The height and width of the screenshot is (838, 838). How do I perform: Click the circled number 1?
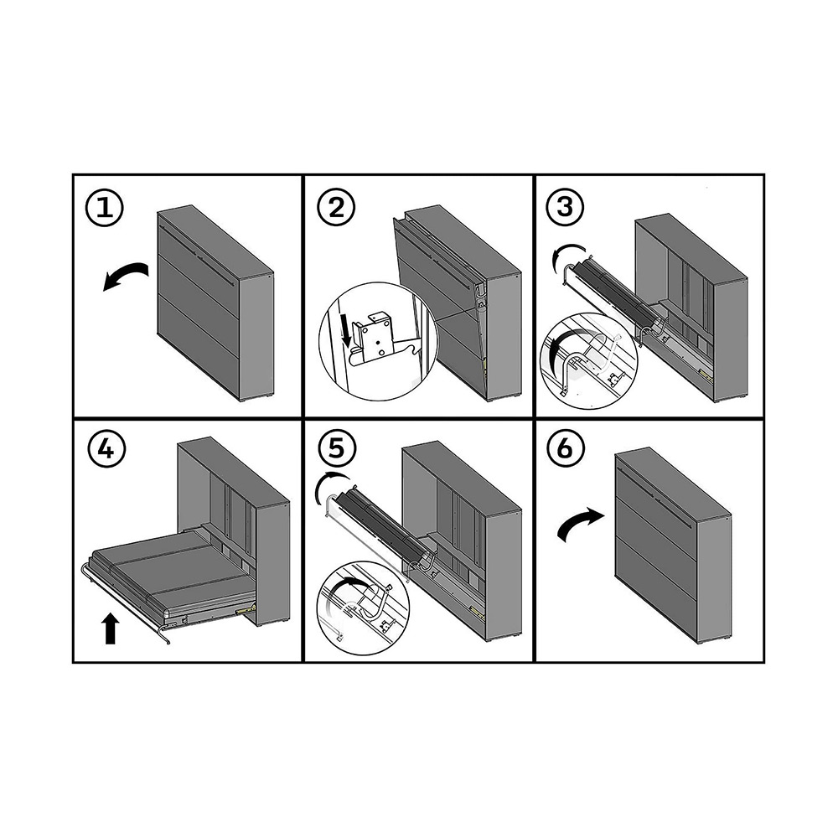(105, 209)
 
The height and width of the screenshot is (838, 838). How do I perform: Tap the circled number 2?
(336, 209)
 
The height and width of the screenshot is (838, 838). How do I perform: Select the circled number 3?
(566, 206)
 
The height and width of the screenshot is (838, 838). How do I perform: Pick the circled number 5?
(336, 447)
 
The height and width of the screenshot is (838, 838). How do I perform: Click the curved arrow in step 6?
(581, 525)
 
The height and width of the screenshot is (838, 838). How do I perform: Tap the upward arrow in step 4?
(110, 628)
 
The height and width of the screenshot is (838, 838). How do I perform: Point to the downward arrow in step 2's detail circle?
(346, 329)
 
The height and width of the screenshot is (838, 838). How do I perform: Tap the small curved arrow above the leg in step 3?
(570, 255)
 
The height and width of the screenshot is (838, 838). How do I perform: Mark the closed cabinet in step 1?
(216, 303)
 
